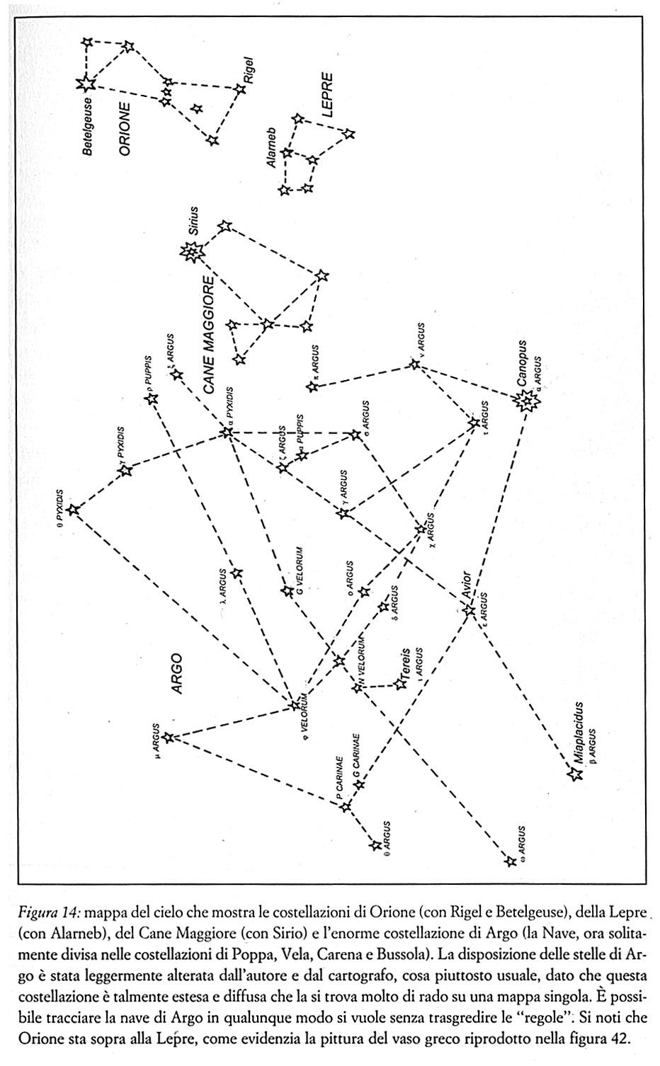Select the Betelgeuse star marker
point(86,84)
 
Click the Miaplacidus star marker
point(575,774)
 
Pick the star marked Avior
point(469,609)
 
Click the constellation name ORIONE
point(125,128)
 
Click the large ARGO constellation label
point(176,673)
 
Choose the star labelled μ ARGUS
point(169,738)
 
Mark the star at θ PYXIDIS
point(73,509)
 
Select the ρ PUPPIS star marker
point(151,399)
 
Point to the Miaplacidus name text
point(579,732)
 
